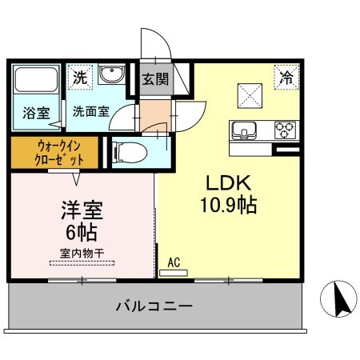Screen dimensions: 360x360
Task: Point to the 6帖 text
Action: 81,234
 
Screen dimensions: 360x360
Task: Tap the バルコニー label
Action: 154,306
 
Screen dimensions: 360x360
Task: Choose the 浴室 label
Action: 34,111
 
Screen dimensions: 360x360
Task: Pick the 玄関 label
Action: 156,78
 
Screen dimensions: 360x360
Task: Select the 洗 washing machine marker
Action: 79,78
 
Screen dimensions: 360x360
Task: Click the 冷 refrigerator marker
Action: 286,78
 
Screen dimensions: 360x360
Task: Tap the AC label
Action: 174,262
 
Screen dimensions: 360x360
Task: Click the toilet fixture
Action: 128,150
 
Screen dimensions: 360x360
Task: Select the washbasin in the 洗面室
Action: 112,76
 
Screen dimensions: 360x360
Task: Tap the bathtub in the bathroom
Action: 36,82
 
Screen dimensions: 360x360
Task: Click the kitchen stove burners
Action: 285,128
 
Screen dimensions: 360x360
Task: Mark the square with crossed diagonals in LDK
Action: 253,94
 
